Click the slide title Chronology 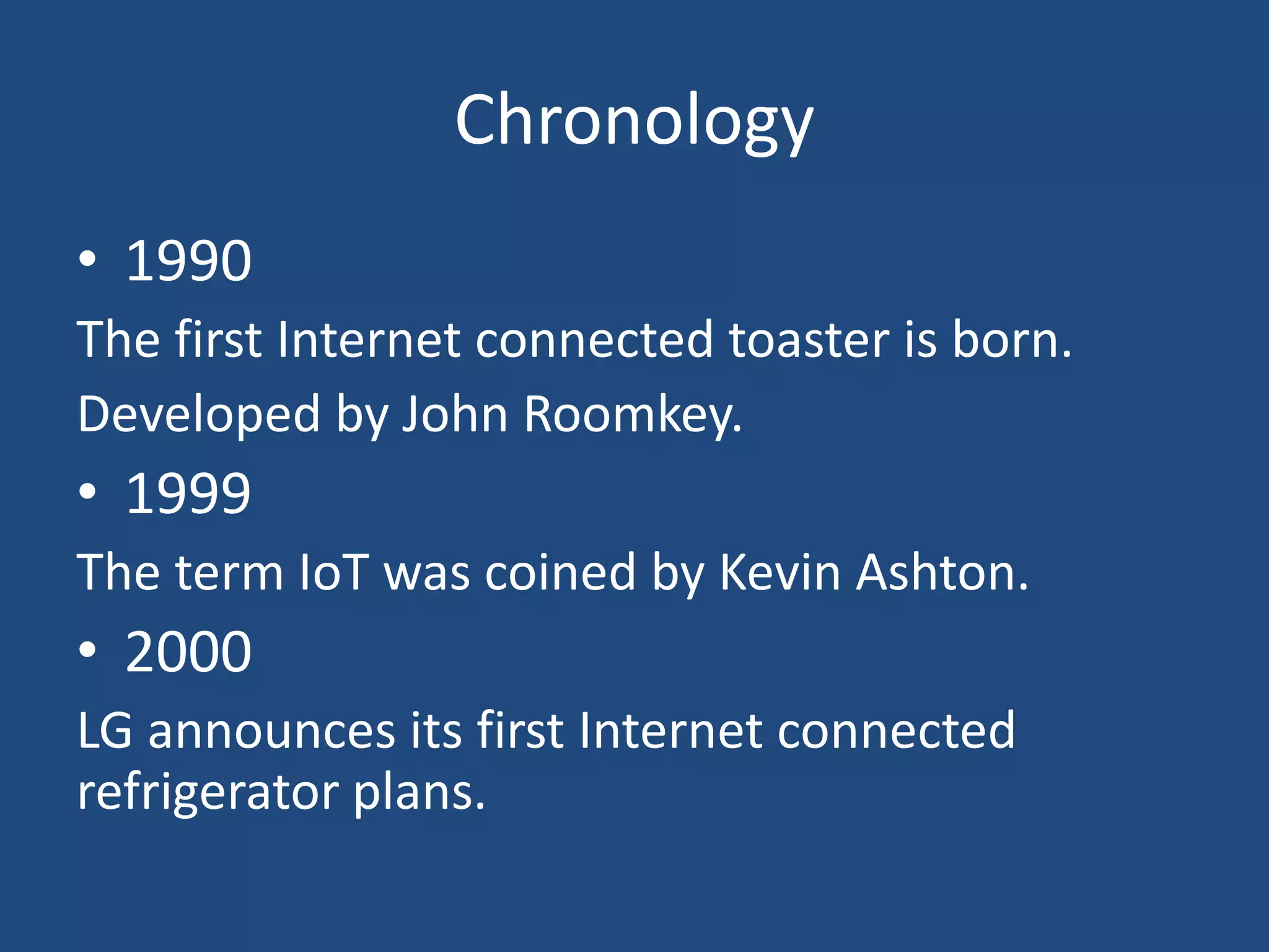click(x=634, y=120)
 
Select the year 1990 click(x=188, y=262)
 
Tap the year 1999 click(x=188, y=494)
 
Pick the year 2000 click(x=188, y=652)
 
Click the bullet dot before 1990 click(x=88, y=259)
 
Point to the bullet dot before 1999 click(x=88, y=491)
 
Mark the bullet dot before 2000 click(x=88, y=650)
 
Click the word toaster click(x=809, y=340)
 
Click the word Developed click(x=198, y=415)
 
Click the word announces click(x=271, y=731)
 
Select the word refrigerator click(x=208, y=793)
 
